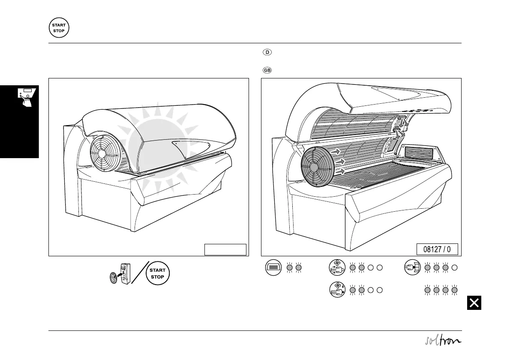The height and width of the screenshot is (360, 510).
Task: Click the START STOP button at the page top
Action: point(59,28)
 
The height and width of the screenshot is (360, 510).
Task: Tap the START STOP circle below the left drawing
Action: point(158,273)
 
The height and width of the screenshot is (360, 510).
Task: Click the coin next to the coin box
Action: point(113,278)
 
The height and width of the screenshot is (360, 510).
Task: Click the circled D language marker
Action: point(267,53)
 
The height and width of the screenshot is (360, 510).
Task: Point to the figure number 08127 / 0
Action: point(437,249)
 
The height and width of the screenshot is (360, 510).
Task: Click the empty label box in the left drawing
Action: point(225,249)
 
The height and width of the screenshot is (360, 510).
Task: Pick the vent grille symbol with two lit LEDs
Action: point(273,268)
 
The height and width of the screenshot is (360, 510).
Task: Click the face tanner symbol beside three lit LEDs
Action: point(412,268)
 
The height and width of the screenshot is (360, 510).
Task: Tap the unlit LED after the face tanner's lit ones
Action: point(455,268)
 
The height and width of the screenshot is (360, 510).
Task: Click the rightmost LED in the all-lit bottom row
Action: point(455,290)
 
